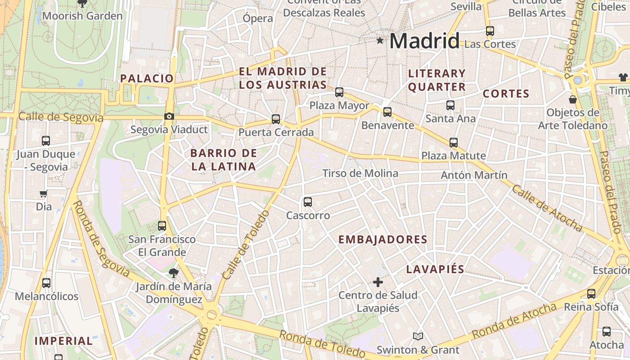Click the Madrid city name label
424,41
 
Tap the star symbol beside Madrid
380,40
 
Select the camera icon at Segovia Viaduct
169,117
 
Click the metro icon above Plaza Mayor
339,92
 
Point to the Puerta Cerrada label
276,132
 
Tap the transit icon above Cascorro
308,202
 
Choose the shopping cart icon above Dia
44,194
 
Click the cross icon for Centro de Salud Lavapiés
378,282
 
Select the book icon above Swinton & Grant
418,336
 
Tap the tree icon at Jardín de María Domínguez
173,273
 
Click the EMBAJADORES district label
382,239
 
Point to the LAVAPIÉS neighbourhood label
435,269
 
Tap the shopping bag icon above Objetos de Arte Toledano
573,99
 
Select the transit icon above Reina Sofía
591,294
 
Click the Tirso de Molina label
360,173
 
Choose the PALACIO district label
147,78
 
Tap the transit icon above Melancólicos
46,283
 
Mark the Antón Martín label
474,175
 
